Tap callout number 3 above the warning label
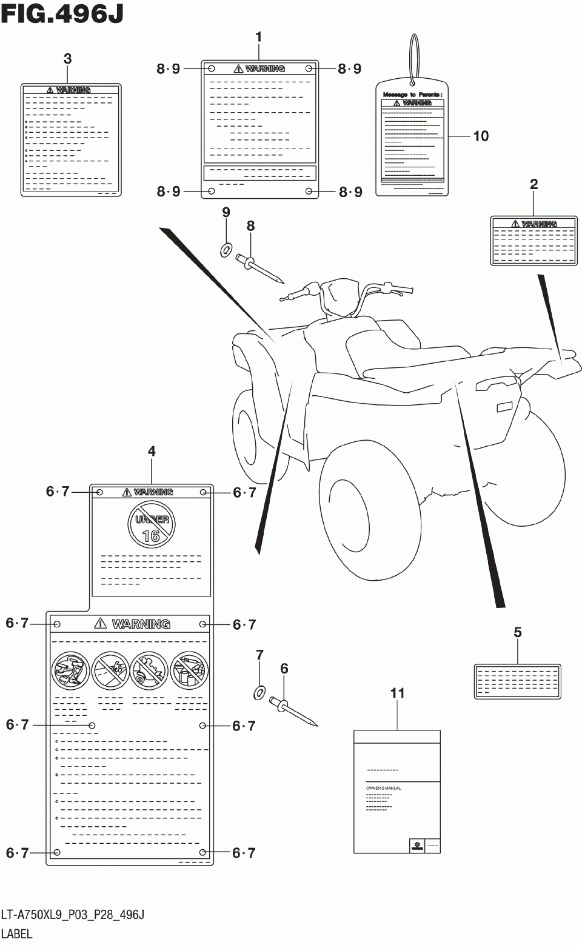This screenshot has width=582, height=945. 67,59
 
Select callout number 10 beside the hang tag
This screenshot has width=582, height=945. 481,136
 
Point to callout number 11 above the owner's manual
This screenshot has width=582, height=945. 397,693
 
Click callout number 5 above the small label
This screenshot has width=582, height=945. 517,632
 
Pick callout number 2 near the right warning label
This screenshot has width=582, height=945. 533,184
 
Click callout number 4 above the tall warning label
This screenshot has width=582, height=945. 152,451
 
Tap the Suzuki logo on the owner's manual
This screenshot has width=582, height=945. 416,846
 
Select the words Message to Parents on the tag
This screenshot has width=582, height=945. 412,95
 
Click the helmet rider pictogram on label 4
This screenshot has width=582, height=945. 70,670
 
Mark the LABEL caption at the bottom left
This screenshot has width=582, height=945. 17,933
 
